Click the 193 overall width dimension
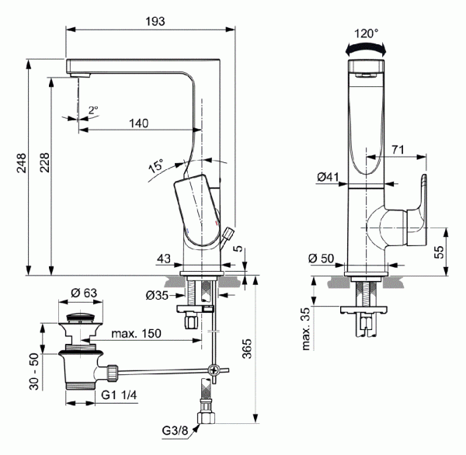[155, 22]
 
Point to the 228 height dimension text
[44, 163]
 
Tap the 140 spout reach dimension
[139, 123]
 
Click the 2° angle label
[92, 110]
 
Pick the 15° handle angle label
[156, 165]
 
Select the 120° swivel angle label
[366, 33]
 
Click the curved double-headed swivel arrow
[366, 48]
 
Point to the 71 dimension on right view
[398, 148]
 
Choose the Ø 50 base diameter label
[322, 259]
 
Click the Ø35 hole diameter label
[157, 296]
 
